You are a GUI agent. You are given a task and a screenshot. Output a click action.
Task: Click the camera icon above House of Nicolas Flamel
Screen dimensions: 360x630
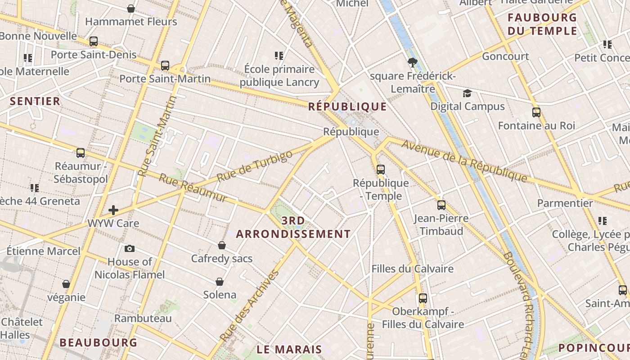[x=130, y=248]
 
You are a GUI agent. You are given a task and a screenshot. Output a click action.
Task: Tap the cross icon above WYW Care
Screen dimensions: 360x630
[x=113, y=210]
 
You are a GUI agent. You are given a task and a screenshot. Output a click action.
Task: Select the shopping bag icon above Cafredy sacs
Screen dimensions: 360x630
[x=222, y=245]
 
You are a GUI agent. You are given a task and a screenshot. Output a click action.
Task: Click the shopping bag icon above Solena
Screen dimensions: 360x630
[x=220, y=282]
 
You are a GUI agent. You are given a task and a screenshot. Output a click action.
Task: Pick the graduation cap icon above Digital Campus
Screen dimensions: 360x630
[x=468, y=93]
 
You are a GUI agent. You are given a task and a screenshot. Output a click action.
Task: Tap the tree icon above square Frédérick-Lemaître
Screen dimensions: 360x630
[x=412, y=63]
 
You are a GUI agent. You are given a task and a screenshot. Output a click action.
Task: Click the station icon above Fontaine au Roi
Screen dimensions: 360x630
[x=536, y=112]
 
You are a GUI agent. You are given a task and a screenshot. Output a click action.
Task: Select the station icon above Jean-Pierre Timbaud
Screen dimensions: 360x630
[x=441, y=205]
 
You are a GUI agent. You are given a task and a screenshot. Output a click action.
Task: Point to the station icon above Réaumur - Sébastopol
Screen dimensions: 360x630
[x=81, y=153]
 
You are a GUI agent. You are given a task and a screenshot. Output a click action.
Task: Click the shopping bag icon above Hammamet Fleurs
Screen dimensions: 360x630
[x=131, y=9]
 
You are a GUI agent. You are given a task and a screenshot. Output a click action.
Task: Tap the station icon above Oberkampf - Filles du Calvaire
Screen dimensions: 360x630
[x=423, y=298]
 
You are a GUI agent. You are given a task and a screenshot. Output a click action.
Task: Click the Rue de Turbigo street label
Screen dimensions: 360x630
[x=254, y=166]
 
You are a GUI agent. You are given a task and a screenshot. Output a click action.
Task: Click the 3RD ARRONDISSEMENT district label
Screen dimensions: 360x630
[x=293, y=227]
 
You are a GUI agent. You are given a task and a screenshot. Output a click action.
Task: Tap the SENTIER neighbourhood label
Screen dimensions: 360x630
[x=35, y=101]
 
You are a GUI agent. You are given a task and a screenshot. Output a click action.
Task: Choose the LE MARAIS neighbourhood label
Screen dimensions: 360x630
[x=289, y=349]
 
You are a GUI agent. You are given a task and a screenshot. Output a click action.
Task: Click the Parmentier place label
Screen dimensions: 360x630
[x=565, y=203]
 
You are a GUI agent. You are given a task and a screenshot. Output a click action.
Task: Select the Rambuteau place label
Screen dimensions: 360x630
[x=143, y=318]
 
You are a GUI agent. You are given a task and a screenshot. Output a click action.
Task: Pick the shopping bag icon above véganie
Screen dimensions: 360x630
[x=66, y=284]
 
